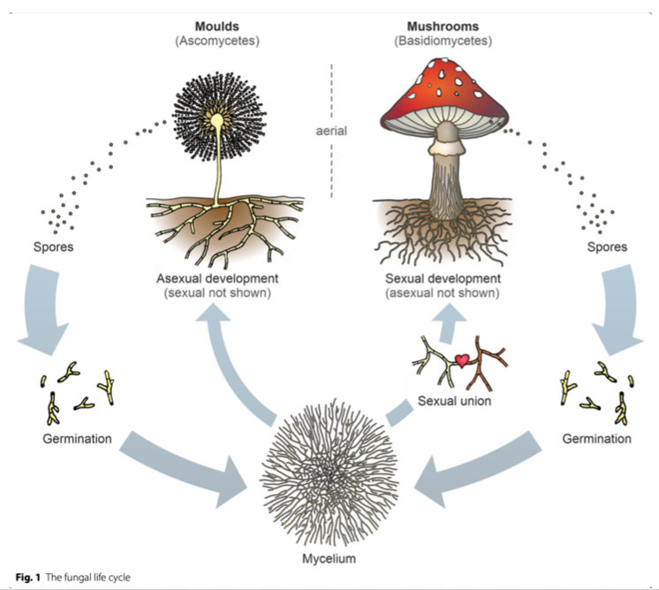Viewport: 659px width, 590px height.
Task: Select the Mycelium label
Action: click(330, 558)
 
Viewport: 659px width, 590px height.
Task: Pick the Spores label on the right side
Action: click(609, 246)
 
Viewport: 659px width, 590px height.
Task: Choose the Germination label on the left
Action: click(76, 438)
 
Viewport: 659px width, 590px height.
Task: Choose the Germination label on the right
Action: click(596, 438)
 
